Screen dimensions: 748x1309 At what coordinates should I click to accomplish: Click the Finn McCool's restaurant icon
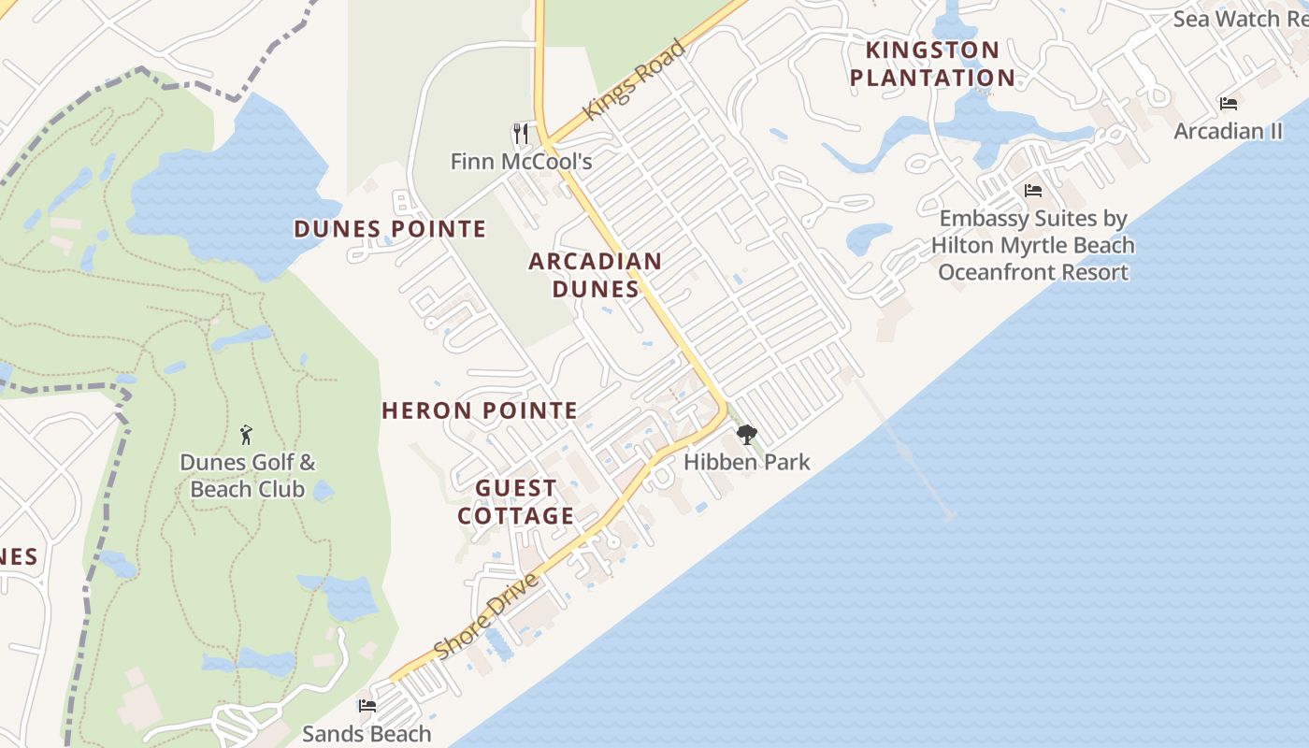click(521, 134)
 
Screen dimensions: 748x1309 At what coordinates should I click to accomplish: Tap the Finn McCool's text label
click(521, 162)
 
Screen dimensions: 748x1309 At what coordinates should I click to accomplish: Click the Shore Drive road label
click(486, 616)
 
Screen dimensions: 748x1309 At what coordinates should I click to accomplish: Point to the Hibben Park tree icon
click(746, 435)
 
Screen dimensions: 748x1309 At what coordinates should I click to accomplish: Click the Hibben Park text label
click(746, 462)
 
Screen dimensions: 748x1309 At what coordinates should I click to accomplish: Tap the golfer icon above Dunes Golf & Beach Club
click(247, 435)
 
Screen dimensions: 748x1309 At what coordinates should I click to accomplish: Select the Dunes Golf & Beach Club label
click(248, 476)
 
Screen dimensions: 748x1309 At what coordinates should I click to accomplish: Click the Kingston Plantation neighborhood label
click(932, 64)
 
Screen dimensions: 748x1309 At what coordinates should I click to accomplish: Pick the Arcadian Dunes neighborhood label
click(596, 275)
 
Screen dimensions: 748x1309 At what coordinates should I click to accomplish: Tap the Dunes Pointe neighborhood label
click(390, 229)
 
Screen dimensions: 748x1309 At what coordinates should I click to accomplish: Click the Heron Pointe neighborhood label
click(480, 410)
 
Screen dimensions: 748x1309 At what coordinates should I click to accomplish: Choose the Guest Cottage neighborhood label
click(516, 502)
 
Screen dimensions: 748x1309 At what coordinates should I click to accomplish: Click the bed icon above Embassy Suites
click(1032, 191)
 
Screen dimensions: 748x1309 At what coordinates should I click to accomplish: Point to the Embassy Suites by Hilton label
click(1032, 245)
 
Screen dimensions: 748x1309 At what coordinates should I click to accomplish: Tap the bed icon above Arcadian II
click(1228, 103)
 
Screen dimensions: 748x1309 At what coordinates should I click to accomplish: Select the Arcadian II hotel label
click(1228, 131)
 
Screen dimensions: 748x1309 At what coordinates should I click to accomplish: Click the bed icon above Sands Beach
click(367, 706)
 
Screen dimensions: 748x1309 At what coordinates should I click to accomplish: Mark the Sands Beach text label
click(367, 734)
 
